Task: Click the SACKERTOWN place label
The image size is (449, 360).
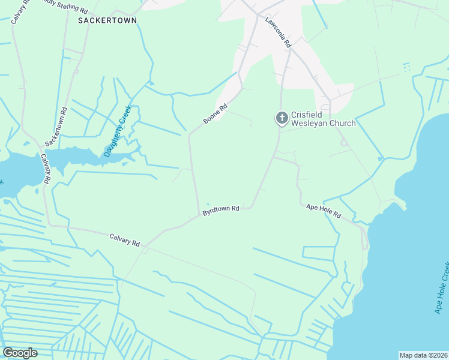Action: pyautogui.click(x=107, y=20)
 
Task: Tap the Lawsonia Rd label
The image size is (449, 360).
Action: pyautogui.click(x=279, y=32)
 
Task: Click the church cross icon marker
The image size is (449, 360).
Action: pyautogui.click(x=282, y=119)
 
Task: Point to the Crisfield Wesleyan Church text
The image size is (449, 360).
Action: pyautogui.click(x=323, y=119)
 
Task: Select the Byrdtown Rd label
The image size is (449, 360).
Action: pyautogui.click(x=221, y=211)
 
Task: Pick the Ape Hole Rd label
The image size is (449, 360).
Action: pyautogui.click(x=323, y=210)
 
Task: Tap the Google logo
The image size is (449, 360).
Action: pyautogui.click(x=20, y=353)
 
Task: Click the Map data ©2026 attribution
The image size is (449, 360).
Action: pyautogui.click(x=423, y=355)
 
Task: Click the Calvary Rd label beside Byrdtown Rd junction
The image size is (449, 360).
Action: pyautogui.click(x=125, y=240)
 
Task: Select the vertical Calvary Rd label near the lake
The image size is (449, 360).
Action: pyautogui.click(x=46, y=169)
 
